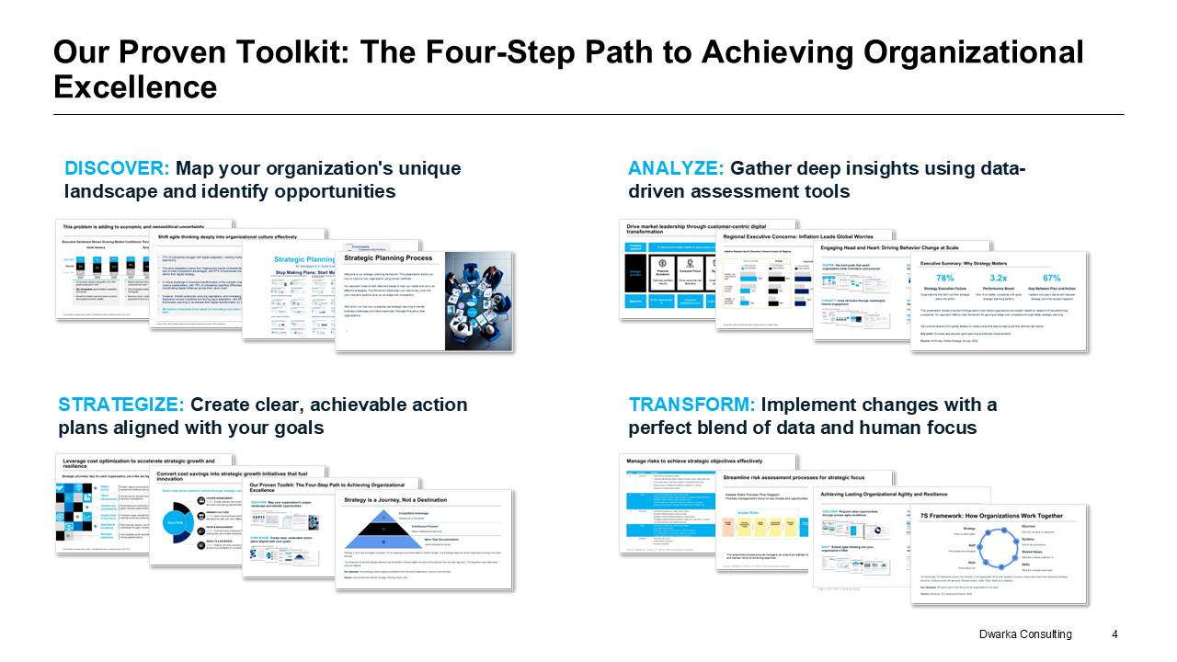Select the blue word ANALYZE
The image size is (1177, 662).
pyautogui.click(x=676, y=169)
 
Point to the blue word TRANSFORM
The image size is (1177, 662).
pyautogui.click(x=691, y=405)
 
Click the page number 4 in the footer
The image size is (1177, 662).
pyautogui.click(x=1114, y=634)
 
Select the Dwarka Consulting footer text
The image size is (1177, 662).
pyautogui.click(x=1025, y=634)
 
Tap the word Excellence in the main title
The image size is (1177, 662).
pyautogui.click(x=135, y=87)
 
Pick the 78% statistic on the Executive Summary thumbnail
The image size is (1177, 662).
pyautogui.click(x=944, y=278)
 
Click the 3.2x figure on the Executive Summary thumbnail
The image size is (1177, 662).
pyautogui.click(x=999, y=278)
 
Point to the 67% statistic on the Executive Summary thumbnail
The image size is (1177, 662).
pyautogui.click(x=1052, y=278)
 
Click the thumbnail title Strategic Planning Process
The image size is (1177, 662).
pyautogui.click(x=387, y=258)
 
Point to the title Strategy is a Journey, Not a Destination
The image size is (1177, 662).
pyautogui.click(x=394, y=500)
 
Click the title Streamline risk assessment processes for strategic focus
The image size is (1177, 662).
pyautogui.click(x=794, y=478)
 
